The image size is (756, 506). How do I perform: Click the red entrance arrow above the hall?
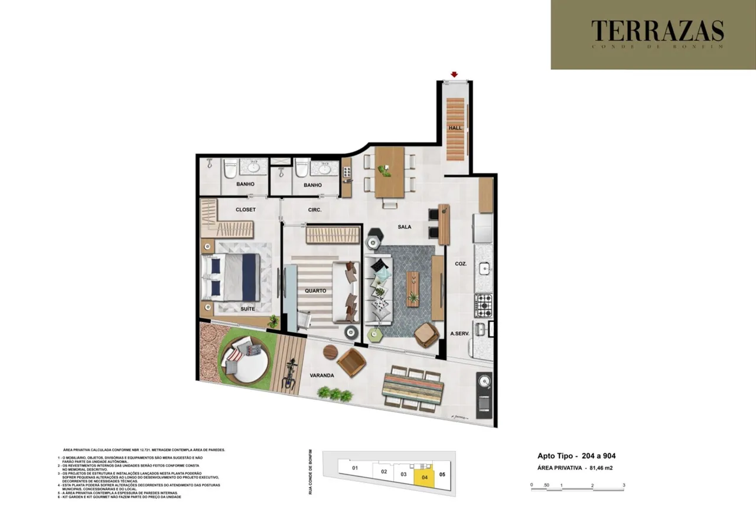[454, 74]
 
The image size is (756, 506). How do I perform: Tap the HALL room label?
[455, 128]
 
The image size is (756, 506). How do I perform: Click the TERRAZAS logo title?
[657, 31]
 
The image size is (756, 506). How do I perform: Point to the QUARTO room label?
[316, 290]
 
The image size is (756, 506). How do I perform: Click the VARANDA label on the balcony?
[322, 376]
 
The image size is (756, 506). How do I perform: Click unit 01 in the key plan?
[355, 468]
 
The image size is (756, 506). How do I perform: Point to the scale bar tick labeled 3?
[624, 485]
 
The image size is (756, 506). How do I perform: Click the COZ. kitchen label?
[461, 265]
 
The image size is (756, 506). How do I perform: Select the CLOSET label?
[246, 210]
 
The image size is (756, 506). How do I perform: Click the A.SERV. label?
[460, 334]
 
